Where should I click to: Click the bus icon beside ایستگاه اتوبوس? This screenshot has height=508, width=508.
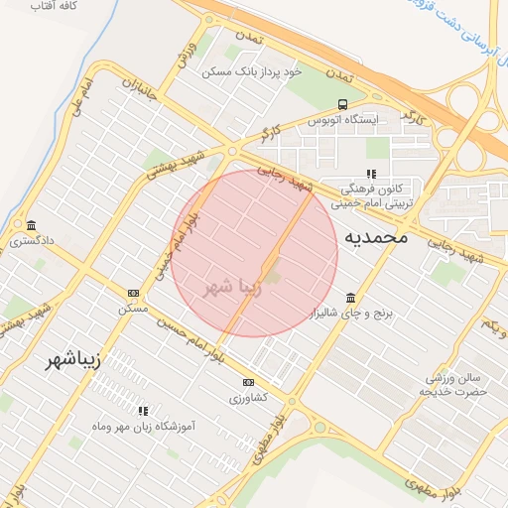coord(342,104)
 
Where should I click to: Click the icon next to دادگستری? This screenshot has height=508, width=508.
coord(32,224)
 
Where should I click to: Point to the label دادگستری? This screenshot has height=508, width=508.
coord(32,241)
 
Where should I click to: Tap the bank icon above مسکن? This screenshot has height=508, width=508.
coord(133,293)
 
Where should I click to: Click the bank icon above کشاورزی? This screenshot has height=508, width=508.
coord(248,382)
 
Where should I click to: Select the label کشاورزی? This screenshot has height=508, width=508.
coord(248,398)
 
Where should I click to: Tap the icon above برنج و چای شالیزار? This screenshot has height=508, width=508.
coord(350,298)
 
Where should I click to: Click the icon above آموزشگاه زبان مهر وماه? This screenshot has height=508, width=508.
coord(144,410)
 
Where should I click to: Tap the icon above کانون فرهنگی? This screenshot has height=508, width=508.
coord(372,174)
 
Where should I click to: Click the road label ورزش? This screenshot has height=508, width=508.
coord(183,57)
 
